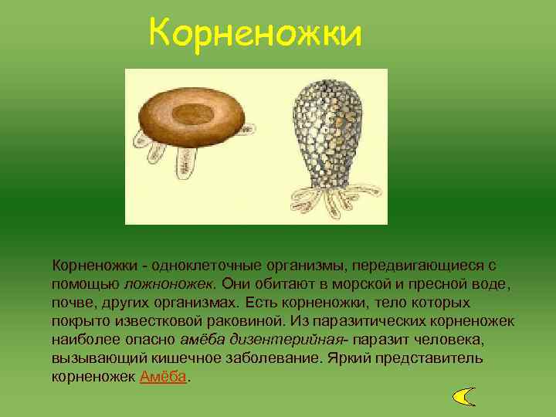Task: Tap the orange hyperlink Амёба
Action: (x=164, y=378)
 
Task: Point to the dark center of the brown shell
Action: (x=188, y=114)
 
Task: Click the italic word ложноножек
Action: (x=171, y=283)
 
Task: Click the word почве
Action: (x=73, y=302)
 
